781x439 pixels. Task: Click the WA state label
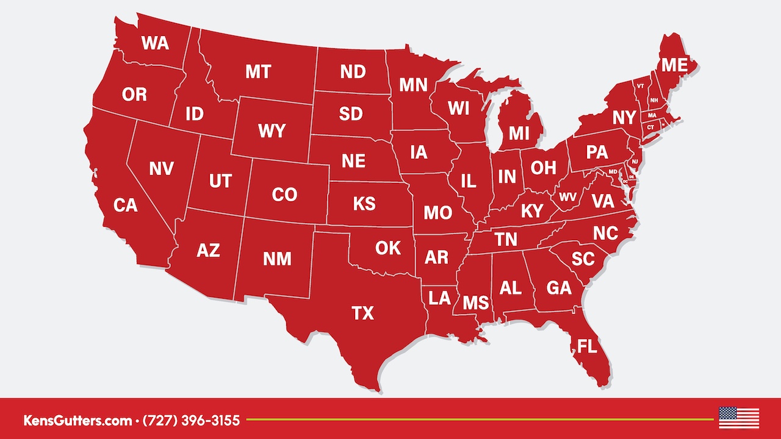(x=155, y=43)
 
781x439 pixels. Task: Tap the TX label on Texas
(x=362, y=313)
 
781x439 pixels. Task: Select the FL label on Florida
(x=587, y=348)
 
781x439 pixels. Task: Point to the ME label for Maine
(x=674, y=65)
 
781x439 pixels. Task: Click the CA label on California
(x=126, y=206)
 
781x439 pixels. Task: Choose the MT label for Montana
(x=258, y=72)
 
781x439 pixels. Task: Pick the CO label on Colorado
(x=284, y=195)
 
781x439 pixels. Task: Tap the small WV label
(x=567, y=197)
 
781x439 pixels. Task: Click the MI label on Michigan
(x=519, y=133)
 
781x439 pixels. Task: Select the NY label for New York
(x=624, y=118)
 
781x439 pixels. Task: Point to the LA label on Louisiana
(x=439, y=298)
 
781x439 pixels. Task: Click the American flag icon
(x=739, y=418)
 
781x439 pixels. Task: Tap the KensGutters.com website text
(x=77, y=420)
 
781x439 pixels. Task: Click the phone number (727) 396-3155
(x=191, y=420)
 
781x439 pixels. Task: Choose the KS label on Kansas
(x=364, y=203)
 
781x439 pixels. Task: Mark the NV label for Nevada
(x=161, y=169)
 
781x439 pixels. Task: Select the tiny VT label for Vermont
(x=640, y=86)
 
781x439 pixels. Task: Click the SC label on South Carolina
(x=583, y=259)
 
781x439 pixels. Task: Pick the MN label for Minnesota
(x=413, y=85)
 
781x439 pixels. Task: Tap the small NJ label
(x=635, y=161)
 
